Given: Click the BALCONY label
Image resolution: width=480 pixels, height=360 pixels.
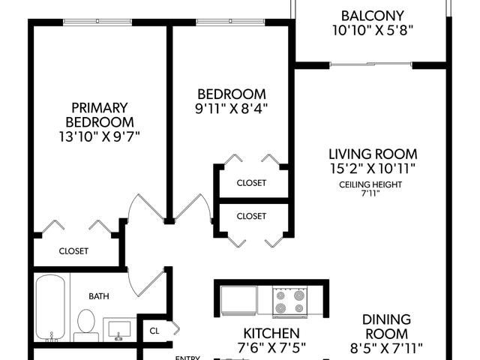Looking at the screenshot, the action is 373,16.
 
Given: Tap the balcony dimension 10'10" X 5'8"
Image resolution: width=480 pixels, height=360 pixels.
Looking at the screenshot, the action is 373,30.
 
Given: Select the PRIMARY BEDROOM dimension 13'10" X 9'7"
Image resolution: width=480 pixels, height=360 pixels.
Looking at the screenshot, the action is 99,136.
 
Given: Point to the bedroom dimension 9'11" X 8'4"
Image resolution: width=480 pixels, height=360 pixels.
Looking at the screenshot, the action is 232,108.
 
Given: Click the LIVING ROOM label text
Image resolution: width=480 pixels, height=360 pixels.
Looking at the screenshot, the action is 373,154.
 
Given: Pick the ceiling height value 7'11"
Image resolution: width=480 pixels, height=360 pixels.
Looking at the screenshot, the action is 370,193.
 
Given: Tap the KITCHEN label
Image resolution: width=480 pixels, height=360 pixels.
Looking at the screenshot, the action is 271,333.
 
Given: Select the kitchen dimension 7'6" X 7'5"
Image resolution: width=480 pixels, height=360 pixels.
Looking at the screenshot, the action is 271,347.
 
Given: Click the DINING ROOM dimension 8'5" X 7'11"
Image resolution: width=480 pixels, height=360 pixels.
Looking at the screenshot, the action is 386,348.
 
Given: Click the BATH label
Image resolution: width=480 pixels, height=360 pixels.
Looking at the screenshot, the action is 99,296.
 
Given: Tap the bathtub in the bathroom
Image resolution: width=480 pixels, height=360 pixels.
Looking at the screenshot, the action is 50,307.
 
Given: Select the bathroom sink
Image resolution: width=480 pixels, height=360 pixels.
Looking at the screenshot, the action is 119,330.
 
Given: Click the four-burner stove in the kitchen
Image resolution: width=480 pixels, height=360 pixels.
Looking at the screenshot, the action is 289,301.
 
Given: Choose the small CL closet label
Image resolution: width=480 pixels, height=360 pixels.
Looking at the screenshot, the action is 154,331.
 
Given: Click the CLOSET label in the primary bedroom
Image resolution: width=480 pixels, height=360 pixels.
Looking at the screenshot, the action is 73,251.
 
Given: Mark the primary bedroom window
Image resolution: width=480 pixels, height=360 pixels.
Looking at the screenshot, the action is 97,22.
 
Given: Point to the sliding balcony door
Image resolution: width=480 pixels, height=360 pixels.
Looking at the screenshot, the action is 371,64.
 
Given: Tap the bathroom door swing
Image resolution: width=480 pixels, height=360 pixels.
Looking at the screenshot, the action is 144,283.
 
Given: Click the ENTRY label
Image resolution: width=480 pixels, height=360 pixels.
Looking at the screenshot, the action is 187,358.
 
